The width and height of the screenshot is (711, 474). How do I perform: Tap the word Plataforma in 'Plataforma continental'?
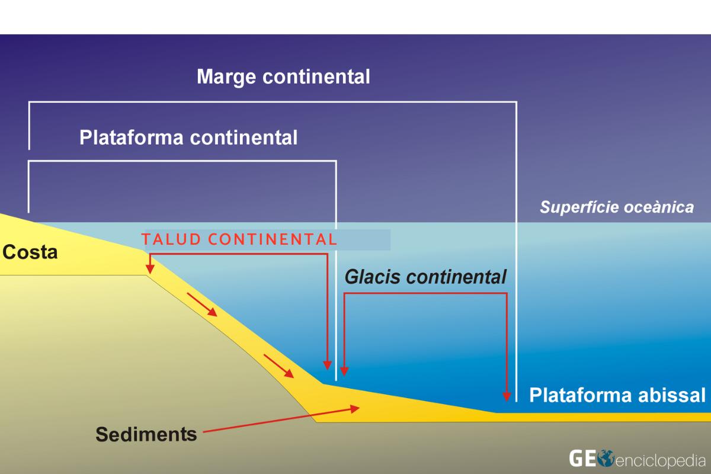(x=132, y=137)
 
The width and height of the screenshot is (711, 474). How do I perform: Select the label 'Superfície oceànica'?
(x=616, y=207)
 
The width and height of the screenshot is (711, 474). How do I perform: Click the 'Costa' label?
(x=30, y=252)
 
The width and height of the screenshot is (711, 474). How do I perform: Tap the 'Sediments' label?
(x=146, y=434)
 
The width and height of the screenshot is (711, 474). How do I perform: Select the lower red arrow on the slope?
(x=278, y=366)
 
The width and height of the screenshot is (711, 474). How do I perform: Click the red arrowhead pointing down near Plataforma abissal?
(x=507, y=395)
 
